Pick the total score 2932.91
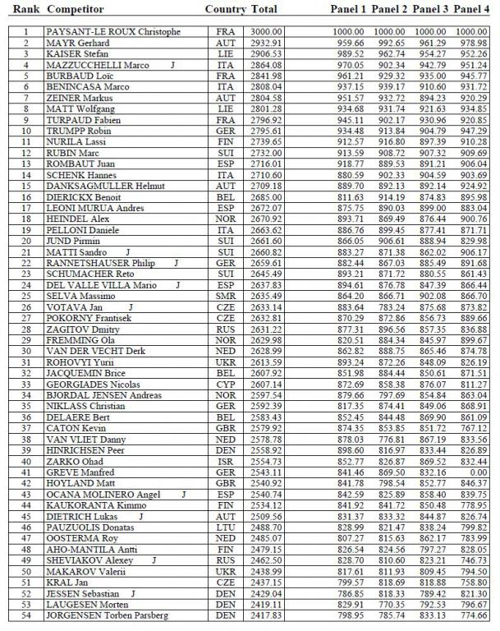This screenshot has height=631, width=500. click(x=267, y=43)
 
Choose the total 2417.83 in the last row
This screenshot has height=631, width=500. click(x=267, y=615)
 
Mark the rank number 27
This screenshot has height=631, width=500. click(x=25, y=317)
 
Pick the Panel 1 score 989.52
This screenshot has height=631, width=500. click(x=348, y=53)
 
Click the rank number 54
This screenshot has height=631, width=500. click(x=25, y=615)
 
